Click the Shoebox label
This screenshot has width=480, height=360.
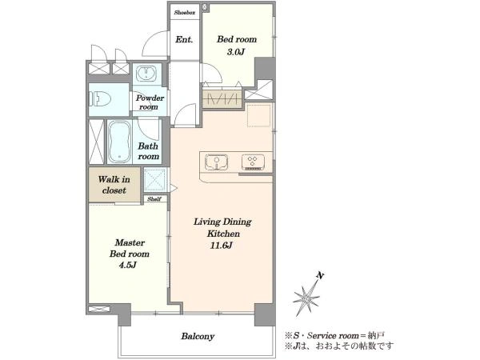click(185, 13)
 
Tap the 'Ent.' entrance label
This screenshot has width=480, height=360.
click(184, 39)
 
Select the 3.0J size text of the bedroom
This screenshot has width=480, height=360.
click(236, 52)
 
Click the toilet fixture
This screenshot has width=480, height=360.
click(100, 99)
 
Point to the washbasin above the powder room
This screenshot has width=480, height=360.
click(146, 73)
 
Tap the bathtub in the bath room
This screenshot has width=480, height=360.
click(119, 142)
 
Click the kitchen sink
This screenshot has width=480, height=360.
click(217, 162)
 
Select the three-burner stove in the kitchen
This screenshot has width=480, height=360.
click(253, 162)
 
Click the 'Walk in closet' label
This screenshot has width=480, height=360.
click(114, 185)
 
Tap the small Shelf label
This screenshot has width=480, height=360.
click(154, 199)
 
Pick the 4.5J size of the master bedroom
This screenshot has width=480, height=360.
click(128, 265)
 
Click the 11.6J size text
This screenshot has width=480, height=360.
click(221, 246)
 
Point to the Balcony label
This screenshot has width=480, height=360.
click(198, 336)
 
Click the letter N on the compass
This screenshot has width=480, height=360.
click(321, 275)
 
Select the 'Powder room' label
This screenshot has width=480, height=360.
click(150, 102)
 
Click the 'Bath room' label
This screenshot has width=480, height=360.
click(149, 151)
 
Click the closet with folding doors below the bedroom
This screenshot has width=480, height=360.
click(222, 98)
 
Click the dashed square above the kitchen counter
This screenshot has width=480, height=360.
click(259, 115)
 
